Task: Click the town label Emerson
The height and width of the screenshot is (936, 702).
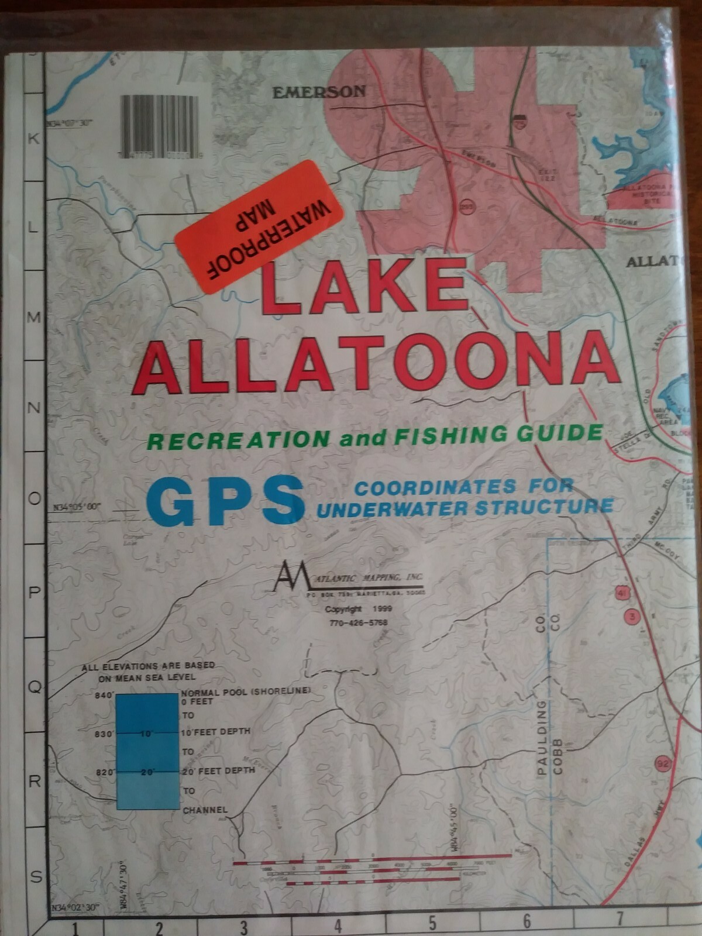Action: pos(319,91)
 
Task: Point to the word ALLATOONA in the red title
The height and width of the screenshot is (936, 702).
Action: pos(375,363)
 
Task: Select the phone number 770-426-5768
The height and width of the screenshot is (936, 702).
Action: pos(358,622)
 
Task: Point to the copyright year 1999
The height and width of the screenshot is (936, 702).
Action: pos(381,609)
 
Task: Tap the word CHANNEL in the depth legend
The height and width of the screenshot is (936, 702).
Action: pos(205,810)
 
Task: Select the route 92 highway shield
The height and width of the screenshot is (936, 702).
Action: pos(662,763)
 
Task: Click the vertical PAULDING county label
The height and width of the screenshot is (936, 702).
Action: pos(542,737)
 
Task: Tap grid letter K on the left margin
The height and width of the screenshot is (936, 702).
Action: pos(33,139)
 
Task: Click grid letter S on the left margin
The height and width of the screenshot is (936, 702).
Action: pos(35,876)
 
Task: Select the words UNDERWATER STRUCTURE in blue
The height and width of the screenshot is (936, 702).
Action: pos(465,507)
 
